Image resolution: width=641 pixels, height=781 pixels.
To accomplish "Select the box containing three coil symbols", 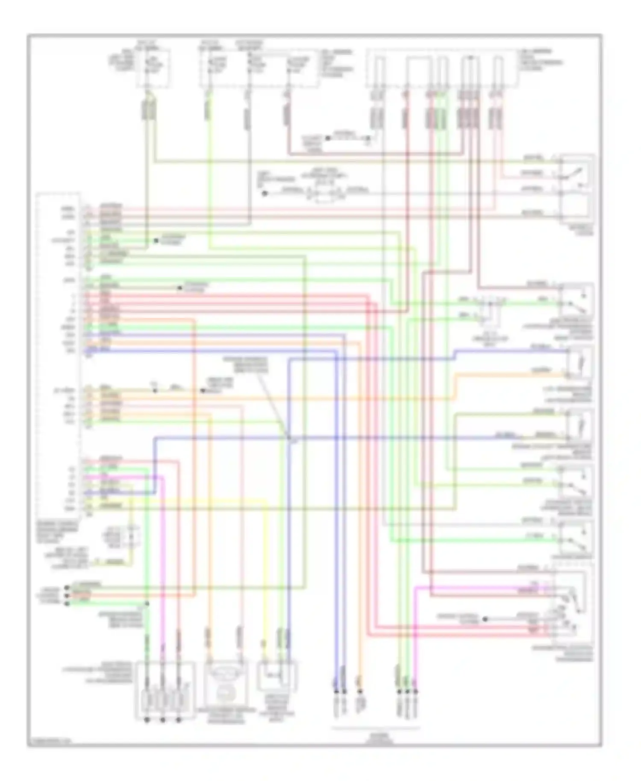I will pyautogui.click(x=165, y=689).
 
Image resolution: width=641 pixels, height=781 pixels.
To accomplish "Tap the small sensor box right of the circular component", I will pyautogui.click(x=276, y=675).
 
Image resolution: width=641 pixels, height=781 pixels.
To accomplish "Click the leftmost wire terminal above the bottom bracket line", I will pyautogui.click(x=335, y=691).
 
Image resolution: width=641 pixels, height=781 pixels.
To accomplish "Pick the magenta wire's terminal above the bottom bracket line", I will pyautogui.click(x=415, y=691).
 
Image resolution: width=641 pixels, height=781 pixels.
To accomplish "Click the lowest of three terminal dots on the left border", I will pyautogui.click(x=67, y=603).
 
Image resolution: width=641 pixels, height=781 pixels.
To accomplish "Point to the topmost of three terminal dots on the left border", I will pyautogui.click(x=67, y=587).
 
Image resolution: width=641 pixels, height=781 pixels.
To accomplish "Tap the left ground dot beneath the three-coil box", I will pyautogui.click(x=147, y=720).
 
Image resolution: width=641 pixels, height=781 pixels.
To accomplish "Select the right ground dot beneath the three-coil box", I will pyautogui.click(x=179, y=720).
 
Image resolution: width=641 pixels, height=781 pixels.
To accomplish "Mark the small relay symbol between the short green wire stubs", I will pyautogui.click(x=490, y=309).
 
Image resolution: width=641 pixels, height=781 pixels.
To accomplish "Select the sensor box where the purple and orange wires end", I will pyautogui.click(x=579, y=363).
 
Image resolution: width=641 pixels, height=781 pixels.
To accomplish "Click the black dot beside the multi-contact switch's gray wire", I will pyautogui.click(x=485, y=619).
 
